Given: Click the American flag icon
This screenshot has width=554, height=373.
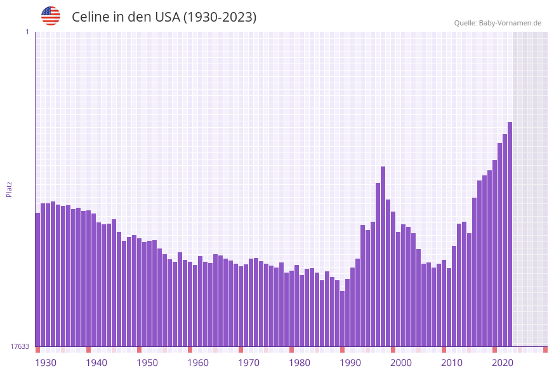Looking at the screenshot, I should (x=51, y=16).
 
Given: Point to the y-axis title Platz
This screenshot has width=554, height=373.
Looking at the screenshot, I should (x=9, y=189).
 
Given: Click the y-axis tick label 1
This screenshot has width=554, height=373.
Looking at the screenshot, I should (x=27, y=32).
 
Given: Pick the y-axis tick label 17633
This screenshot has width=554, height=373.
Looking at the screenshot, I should (x=20, y=346).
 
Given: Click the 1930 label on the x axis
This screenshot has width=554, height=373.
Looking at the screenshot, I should (x=46, y=362).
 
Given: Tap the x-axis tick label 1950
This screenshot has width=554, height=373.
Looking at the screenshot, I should (x=147, y=362).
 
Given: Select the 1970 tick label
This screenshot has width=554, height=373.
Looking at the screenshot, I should (x=249, y=362).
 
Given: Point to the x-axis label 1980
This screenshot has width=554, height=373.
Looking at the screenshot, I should (x=300, y=362).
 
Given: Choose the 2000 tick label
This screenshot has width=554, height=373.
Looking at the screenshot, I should (x=401, y=362).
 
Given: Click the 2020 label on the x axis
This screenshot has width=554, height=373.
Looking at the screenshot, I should (x=503, y=362).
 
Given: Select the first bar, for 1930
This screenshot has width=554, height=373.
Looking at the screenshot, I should (x=37, y=280).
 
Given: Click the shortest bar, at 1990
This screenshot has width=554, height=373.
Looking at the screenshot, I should (x=342, y=318).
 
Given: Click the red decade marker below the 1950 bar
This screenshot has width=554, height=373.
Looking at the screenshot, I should (x=139, y=349).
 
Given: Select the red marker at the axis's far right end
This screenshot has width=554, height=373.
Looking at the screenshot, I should (x=545, y=349).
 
